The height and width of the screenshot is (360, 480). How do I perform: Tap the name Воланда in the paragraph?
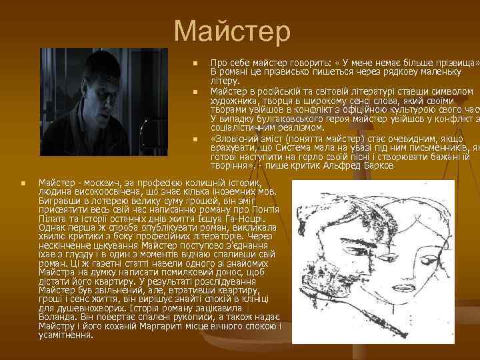click(x=59, y=319)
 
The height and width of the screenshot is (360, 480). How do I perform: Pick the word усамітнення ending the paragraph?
click(x=66, y=335)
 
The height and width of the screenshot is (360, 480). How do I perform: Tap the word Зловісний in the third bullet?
click(x=239, y=139)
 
